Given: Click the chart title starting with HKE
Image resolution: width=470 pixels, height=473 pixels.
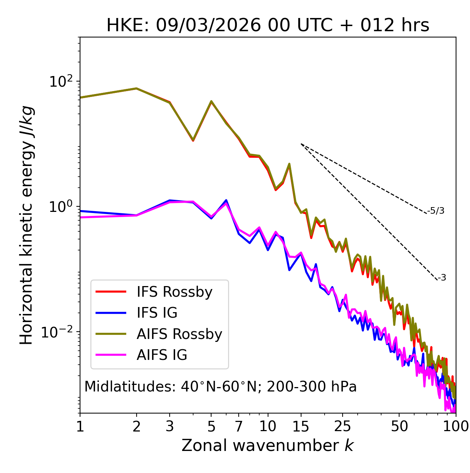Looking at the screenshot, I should pyautogui.click(x=268, y=25).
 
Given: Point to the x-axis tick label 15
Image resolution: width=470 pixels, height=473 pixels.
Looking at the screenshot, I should pyautogui.click(x=301, y=426).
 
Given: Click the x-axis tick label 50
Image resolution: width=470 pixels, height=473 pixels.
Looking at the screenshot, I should pyautogui.click(x=399, y=426).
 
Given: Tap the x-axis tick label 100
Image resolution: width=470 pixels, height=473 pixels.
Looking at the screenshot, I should pyautogui.click(x=455, y=426).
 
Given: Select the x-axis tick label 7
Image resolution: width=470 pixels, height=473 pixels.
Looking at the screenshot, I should pyautogui.click(x=239, y=426).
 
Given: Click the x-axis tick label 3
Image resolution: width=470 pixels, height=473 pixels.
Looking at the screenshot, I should pyautogui.click(x=170, y=426).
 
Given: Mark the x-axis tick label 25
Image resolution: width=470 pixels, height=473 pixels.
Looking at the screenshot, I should pyautogui.click(x=342, y=426).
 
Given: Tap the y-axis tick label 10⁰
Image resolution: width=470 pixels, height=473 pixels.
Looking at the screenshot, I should pyautogui.click(x=60, y=206).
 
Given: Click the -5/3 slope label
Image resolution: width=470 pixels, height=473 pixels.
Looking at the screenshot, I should pyautogui.click(x=436, y=211).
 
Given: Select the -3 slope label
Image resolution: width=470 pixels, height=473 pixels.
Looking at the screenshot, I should pyautogui.click(x=442, y=278).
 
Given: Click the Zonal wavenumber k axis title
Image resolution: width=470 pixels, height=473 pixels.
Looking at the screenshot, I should pyautogui.click(x=268, y=445).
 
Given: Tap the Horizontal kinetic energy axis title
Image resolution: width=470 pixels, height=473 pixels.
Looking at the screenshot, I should pyautogui.click(x=26, y=225).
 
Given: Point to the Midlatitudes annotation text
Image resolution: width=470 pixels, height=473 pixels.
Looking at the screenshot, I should pyautogui.click(x=220, y=387).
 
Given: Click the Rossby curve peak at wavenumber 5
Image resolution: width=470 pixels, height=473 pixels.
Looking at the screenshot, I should pyautogui.click(x=211, y=101).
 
